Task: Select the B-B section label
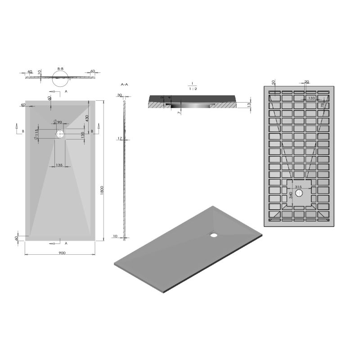tap(60, 69)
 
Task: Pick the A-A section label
tap(125, 84)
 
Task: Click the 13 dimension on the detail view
tap(249, 105)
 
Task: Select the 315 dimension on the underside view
tap(298, 187)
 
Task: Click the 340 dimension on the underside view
tap(291, 194)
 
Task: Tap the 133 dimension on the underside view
tap(311, 98)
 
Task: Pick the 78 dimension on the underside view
tap(322, 105)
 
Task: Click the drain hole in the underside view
tap(300, 193)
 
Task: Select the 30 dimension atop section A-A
tap(120, 95)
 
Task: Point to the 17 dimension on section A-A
tap(120, 139)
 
